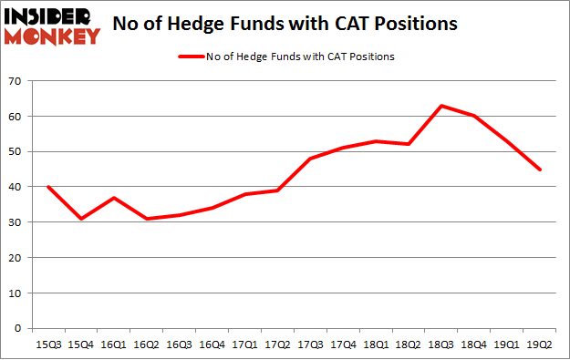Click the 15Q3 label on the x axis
[48, 344]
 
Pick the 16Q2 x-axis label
[146, 344]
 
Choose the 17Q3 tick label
[309, 344]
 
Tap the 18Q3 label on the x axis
[440, 344]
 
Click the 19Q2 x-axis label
[537, 344]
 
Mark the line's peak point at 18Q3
[440, 106]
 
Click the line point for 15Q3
[48, 187]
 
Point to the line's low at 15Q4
[81, 219]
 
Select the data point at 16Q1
[114, 198]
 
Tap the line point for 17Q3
[309, 159]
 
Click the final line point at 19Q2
[537, 170]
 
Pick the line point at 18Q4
[472, 116]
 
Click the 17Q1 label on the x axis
[244, 344]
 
